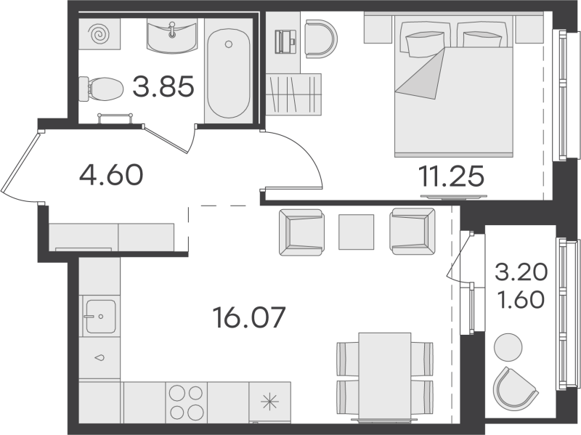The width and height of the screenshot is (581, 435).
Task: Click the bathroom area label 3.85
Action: (x=163, y=86)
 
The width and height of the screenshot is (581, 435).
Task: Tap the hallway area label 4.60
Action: (x=111, y=175)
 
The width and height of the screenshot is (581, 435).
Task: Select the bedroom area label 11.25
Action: (x=451, y=176)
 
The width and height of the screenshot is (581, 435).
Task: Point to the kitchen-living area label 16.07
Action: (x=249, y=317)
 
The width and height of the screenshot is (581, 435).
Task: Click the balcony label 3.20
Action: (x=521, y=272)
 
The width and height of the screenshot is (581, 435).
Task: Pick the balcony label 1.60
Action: (x=521, y=299)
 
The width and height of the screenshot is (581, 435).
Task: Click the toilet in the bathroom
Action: (x=101, y=89)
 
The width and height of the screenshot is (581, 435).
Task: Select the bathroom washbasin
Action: (x=171, y=36)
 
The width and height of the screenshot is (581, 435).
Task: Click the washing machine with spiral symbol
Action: (x=99, y=34)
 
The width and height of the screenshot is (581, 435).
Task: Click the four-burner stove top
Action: (x=186, y=402)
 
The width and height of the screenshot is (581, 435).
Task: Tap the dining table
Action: (x=385, y=377)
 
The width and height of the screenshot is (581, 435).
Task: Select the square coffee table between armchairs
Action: (x=356, y=232)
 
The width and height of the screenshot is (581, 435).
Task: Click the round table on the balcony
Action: (x=508, y=347)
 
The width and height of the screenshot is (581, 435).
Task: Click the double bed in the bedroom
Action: (x=453, y=89)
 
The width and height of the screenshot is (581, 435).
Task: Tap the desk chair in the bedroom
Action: (x=321, y=39)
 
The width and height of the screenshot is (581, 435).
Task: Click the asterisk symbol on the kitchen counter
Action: (x=269, y=402)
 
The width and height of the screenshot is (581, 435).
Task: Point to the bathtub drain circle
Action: (x=229, y=44)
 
